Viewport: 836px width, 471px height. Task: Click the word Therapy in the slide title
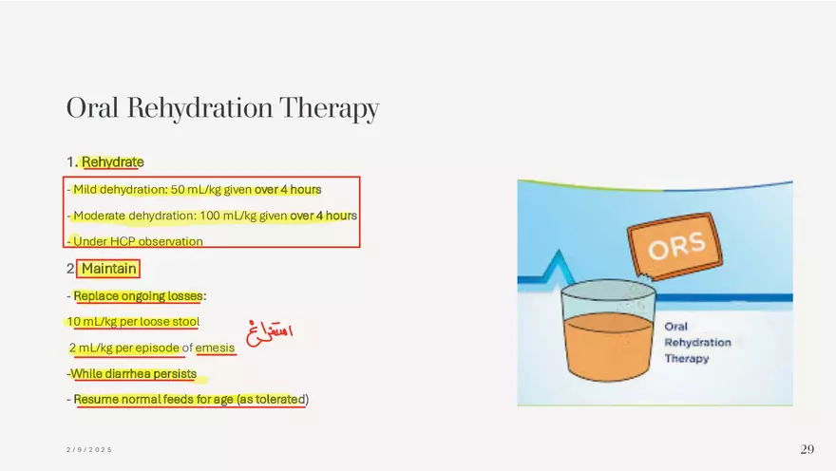[x=329, y=109]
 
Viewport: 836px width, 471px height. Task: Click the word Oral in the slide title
[x=92, y=107]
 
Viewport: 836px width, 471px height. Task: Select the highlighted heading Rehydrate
[x=112, y=162]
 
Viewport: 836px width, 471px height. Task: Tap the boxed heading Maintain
[x=108, y=269]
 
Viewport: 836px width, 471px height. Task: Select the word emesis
[x=215, y=348]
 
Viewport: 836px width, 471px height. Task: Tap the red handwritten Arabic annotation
[x=269, y=331]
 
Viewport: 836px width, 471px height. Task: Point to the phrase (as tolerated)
[x=273, y=399]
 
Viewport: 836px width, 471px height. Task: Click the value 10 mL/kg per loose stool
[x=133, y=322]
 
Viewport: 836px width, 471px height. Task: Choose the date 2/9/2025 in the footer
[x=89, y=450]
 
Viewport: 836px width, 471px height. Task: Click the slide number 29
[x=807, y=449]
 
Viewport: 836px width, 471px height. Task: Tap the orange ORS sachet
[x=675, y=246]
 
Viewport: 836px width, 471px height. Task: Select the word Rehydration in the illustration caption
[x=697, y=343]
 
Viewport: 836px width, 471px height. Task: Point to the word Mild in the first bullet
[x=85, y=190]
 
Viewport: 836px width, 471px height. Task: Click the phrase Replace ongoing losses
[x=138, y=296]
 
